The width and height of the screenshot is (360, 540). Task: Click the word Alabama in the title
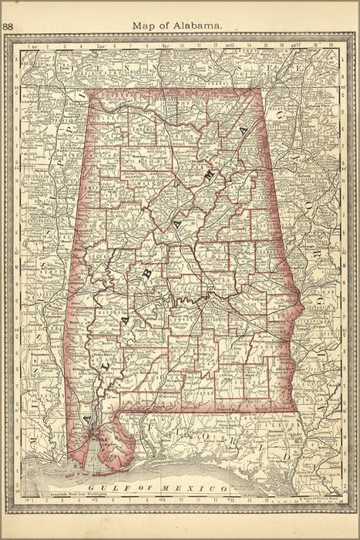click(198, 25)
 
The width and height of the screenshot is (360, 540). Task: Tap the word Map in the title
click(143, 25)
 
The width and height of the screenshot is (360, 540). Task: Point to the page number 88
click(8, 26)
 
